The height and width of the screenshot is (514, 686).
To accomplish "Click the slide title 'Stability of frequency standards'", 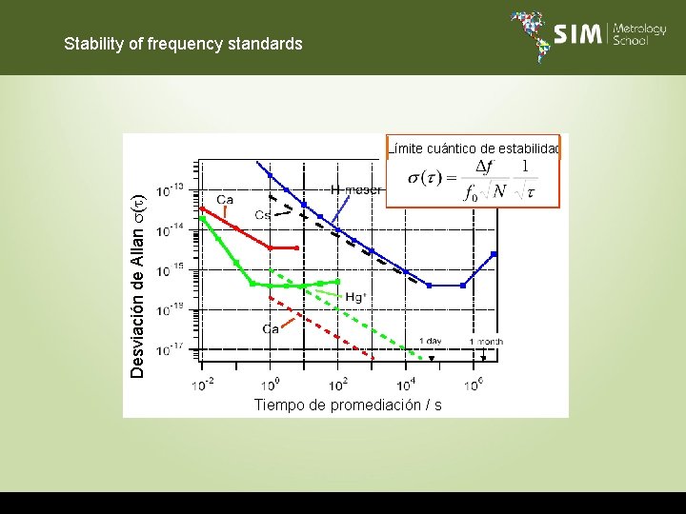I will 183,44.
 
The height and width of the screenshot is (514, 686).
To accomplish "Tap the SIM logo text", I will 577,35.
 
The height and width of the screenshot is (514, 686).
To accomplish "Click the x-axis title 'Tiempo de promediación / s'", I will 348,405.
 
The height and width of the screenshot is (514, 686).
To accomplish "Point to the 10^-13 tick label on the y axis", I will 171,189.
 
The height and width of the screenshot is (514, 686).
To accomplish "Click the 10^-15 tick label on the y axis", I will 171,270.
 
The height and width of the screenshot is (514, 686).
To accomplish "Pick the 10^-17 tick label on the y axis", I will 171,350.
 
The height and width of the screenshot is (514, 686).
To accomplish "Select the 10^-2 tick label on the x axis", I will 202,385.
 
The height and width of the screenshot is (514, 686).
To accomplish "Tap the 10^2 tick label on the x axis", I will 337,385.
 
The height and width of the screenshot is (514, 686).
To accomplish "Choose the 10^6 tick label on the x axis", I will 473,385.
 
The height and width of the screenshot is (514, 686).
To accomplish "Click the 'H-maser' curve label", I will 355,189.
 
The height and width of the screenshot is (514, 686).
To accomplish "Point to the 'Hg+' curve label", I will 355,297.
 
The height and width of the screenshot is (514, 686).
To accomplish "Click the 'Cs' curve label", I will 262,215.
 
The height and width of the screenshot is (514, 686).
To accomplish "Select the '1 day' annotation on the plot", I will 430,341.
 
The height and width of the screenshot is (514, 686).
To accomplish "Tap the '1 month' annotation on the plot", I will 486,341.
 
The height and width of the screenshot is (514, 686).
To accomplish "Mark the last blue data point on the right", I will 494,253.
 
